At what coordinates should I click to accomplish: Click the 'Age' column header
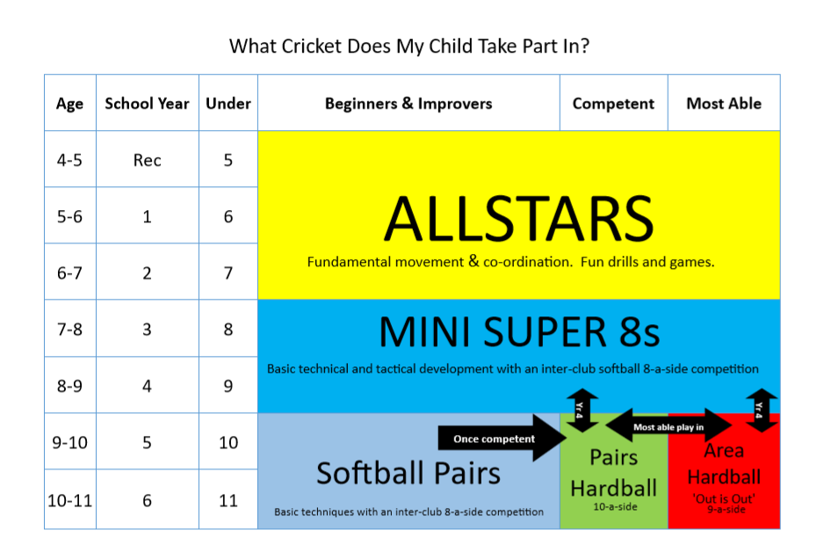(x=70, y=104)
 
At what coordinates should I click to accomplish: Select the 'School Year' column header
(x=148, y=104)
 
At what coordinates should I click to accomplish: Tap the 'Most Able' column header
(x=724, y=104)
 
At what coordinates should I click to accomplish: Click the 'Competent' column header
(x=613, y=104)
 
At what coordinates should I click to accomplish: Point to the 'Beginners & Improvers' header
(x=408, y=104)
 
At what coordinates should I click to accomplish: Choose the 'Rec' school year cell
(x=148, y=160)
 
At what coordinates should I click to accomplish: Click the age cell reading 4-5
(x=70, y=160)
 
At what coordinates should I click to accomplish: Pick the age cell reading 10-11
(x=70, y=500)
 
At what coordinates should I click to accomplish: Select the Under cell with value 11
(x=228, y=500)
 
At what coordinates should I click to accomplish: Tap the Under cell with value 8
(x=228, y=330)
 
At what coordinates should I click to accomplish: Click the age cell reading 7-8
(x=70, y=330)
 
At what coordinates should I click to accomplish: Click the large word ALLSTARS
(x=518, y=219)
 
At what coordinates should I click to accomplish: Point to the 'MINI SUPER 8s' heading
(x=518, y=332)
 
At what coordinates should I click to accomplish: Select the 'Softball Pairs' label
(x=408, y=473)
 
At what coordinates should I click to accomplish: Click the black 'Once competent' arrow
(x=502, y=438)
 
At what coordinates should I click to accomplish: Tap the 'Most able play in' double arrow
(x=669, y=425)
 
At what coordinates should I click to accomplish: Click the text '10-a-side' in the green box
(x=615, y=507)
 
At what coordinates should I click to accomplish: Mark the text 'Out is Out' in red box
(x=724, y=498)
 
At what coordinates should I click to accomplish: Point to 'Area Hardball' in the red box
(x=724, y=464)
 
